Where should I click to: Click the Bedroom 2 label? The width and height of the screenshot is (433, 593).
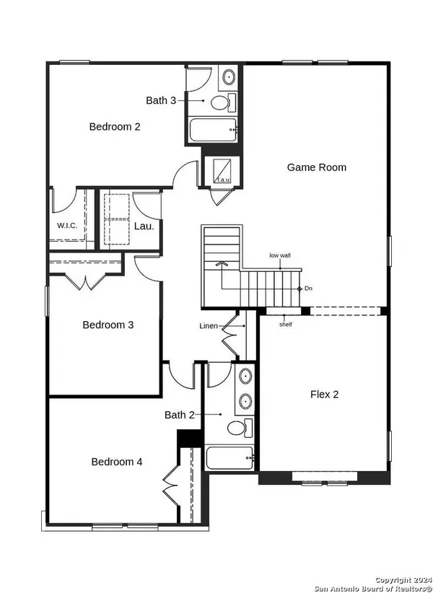pyautogui.click(x=115, y=126)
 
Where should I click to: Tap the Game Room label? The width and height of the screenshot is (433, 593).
pyautogui.click(x=317, y=167)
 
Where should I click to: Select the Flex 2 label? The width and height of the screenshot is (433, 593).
pyautogui.click(x=324, y=395)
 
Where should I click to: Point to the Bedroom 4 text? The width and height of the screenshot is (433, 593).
pyautogui.click(x=117, y=462)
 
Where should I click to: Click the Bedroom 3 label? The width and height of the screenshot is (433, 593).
pyautogui.click(x=108, y=325)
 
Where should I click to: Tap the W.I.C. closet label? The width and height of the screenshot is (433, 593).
pyautogui.click(x=67, y=226)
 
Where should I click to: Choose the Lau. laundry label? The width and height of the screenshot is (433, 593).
pyautogui.click(x=144, y=227)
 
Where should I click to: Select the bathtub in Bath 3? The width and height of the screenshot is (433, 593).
pyautogui.click(x=213, y=130)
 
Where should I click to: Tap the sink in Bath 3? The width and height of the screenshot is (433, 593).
pyautogui.click(x=229, y=77)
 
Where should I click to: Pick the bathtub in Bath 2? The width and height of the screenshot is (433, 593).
pyautogui.click(x=229, y=458)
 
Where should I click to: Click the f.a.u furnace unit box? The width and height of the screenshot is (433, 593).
pyautogui.click(x=222, y=171)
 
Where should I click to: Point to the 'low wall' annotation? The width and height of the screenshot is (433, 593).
pyautogui.click(x=280, y=255)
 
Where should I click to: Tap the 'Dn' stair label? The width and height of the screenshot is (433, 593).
pyautogui.click(x=308, y=289)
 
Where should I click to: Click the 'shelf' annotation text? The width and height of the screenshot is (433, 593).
pyautogui.click(x=286, y=325)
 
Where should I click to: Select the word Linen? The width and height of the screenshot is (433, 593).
pyautogui.click(x=209, y=325)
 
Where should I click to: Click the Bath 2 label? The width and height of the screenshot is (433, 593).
pyautogui.click(x=180, y=415)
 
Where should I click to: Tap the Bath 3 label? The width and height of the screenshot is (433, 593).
pyautogui.click(x=161, y=100)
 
